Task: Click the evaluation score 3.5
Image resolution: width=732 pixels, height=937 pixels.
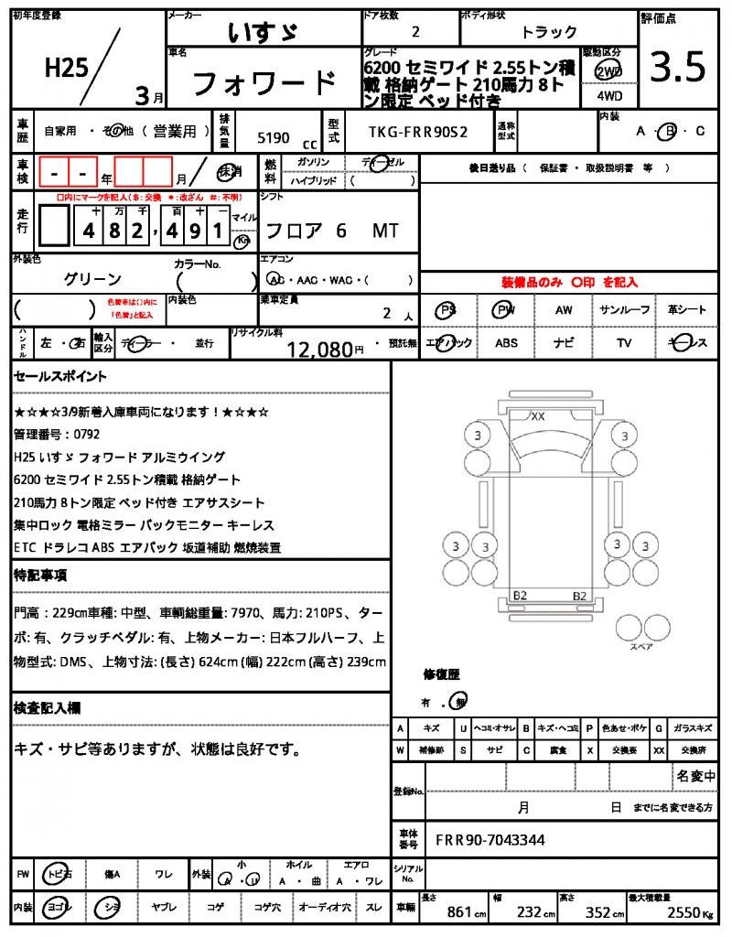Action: click(x=677, y=67)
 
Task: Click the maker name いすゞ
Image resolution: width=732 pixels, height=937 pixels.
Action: click(x=263, y=32)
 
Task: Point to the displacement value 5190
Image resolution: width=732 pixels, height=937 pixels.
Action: click(x=274, y=138)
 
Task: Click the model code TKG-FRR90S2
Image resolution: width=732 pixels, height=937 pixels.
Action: click(x=417, y=131)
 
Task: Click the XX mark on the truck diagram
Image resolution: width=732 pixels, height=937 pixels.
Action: click(x=538, y=416)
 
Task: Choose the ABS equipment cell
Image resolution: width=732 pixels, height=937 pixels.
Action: click(x=506, y=343)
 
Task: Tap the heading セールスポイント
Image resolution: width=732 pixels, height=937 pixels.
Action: click(x=60, y=376)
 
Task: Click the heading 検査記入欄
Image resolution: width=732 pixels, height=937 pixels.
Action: click(x=47, y=708)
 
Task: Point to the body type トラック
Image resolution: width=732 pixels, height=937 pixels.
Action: click(x=549, y=32)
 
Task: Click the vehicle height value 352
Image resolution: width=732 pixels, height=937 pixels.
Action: click(x=598, y=912)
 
